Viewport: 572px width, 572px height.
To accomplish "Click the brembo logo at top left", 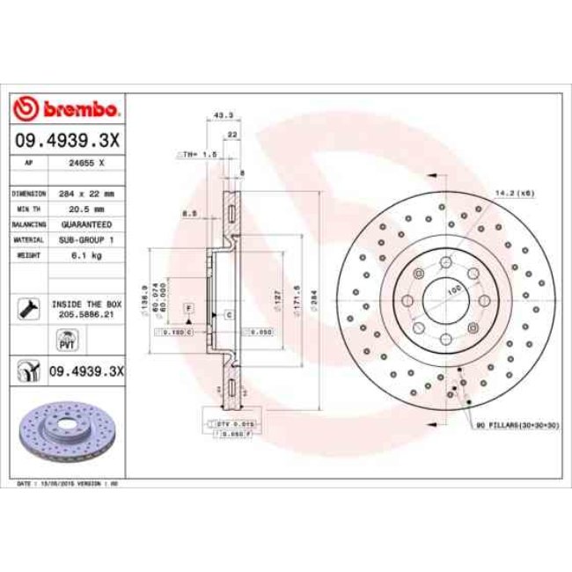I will coord(66,109).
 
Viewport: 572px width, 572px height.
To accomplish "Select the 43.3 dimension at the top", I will coord(223,114).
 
